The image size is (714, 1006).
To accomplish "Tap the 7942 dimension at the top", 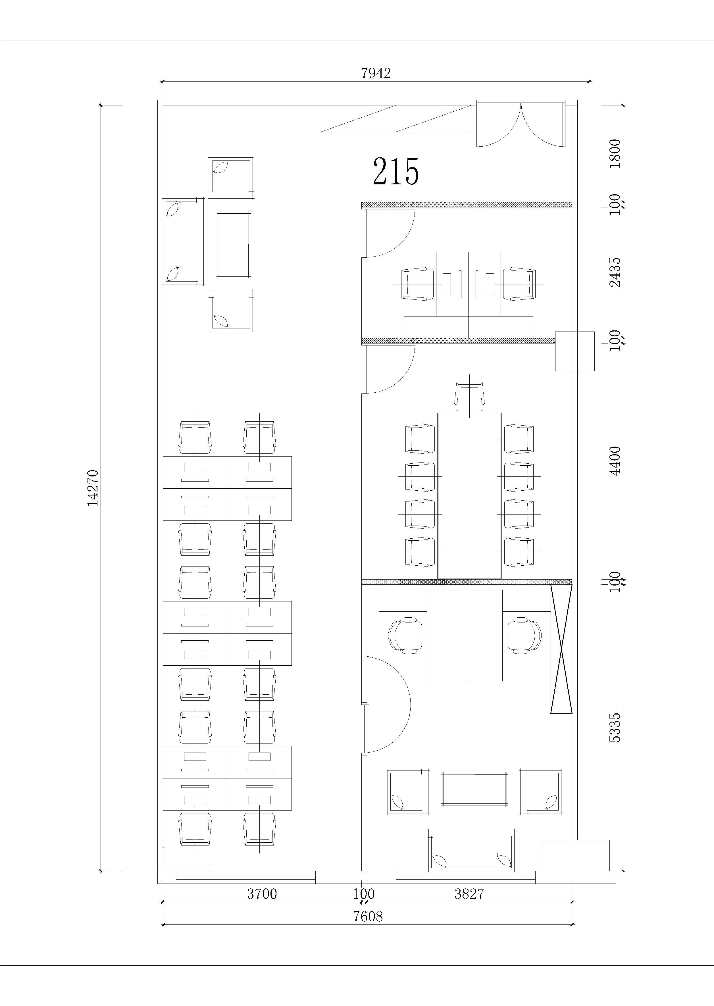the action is [376, 73].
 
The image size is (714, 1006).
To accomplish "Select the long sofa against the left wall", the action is [184, 241].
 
